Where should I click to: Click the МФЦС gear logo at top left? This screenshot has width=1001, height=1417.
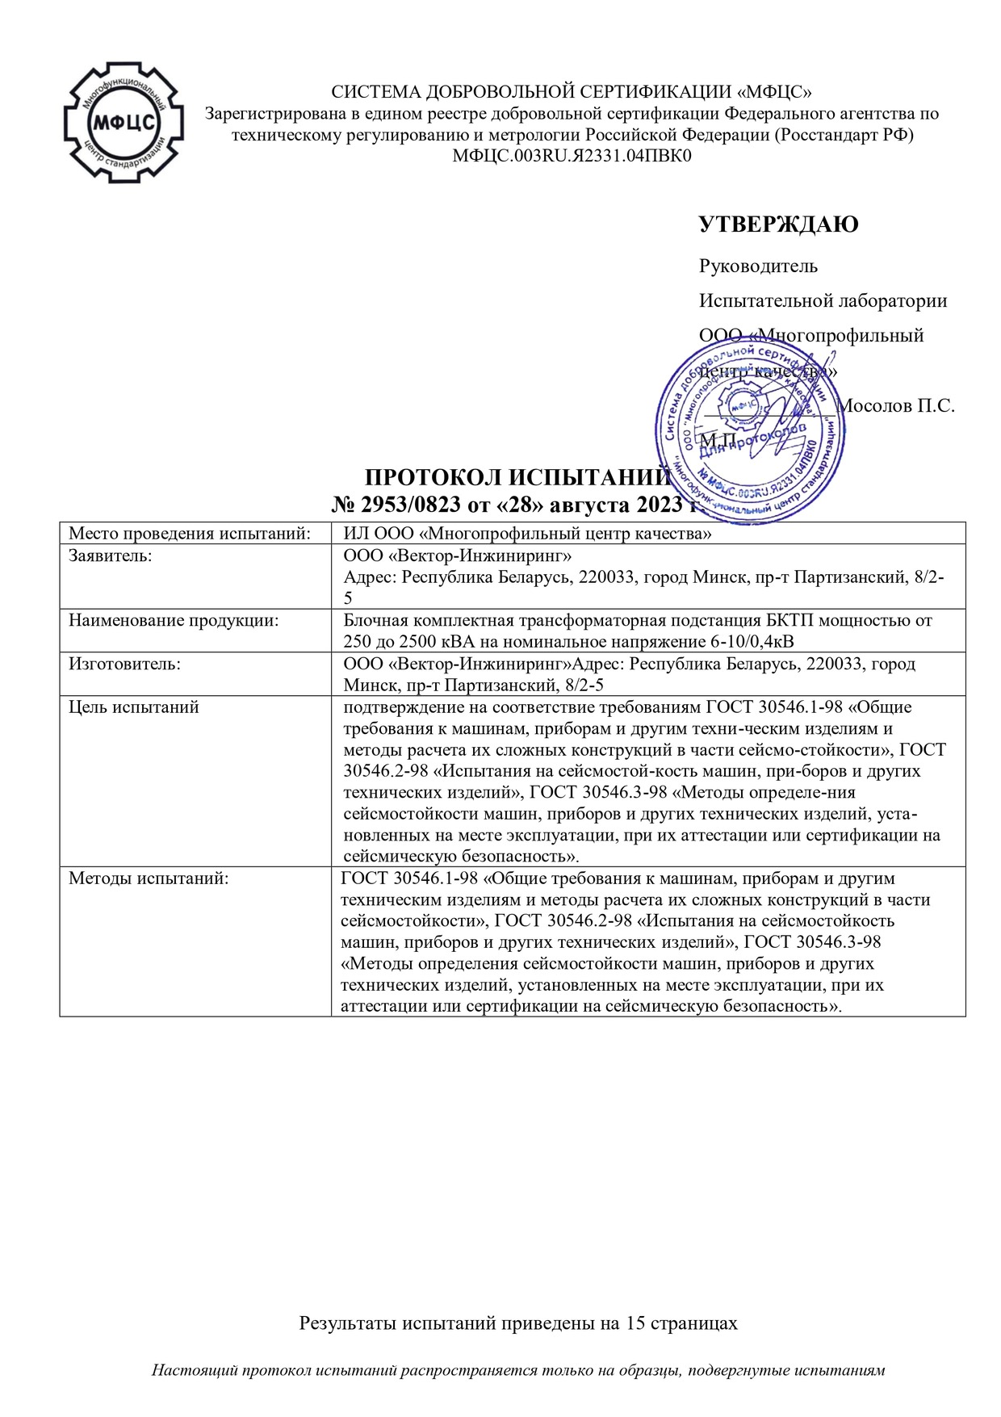[124, 122]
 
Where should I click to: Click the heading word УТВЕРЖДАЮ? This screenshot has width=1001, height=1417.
[778, 224]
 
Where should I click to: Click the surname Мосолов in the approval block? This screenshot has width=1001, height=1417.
[875, 405]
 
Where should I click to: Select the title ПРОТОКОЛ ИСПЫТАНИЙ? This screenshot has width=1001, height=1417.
[517, 479]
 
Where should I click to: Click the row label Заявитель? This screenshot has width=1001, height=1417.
[111, 555]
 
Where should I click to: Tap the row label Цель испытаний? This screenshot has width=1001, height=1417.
[134, 707]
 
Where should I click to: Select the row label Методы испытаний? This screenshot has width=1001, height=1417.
[149, 878]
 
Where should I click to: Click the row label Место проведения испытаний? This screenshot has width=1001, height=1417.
[190, 533]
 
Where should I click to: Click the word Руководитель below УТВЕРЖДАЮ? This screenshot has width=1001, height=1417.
[758, 266]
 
